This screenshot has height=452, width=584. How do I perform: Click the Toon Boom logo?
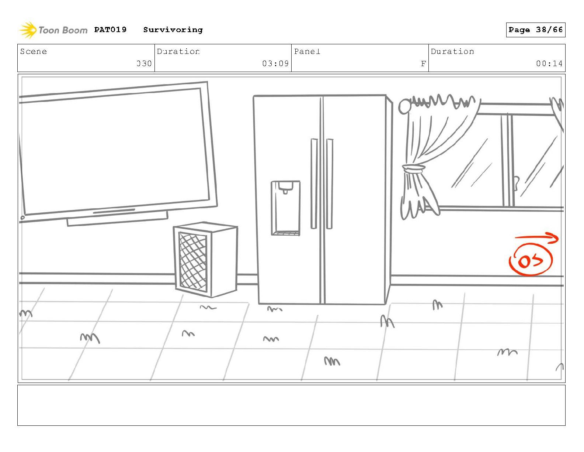tap(53, 30)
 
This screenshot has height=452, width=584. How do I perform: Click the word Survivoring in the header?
tap(173, 30)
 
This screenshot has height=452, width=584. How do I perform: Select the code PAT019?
tap(110, 30)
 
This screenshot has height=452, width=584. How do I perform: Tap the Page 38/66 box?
tap(535, 30)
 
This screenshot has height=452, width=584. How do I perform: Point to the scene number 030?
tap(144, 64)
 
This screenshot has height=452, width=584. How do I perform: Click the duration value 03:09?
tap(275, 64)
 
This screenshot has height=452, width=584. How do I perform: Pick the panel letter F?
tap(423, 64)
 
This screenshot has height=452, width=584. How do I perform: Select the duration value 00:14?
tap(549, 64)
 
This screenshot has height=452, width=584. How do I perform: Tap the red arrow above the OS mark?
tap(537, 239)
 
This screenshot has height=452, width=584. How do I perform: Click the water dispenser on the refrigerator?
tap(286, 208)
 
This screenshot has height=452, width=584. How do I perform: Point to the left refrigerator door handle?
tap(314, 184)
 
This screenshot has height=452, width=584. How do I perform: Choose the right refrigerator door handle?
tap(330, 184)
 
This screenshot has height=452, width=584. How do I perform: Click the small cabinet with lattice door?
tap(206, 259)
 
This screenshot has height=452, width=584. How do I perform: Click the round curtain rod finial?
tap(404, 106)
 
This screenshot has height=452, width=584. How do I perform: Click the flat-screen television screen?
tap(114, 151)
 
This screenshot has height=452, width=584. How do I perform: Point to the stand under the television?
tap(117, 219)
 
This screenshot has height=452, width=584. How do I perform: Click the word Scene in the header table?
tap(34, 51)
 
